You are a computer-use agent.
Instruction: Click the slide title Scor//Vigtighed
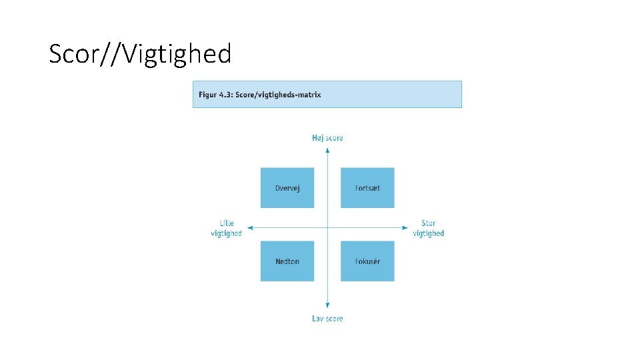(x=140, y=53)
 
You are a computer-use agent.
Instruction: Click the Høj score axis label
(x=327, y=138)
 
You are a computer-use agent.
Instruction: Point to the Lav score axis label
(x=327, y=319)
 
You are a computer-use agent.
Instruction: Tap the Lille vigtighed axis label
(x=226, y=228)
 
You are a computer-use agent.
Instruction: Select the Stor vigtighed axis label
(x=428, y=228)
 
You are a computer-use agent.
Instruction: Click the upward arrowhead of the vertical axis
(x=327, y=150)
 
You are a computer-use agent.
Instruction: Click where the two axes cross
(x=327, y=228)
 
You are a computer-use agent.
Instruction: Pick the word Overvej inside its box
(x=287, y=188)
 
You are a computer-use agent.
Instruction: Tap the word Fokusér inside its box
(x=367, y=261)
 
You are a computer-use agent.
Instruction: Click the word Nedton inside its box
(x=287, y=261)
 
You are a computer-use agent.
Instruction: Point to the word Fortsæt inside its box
(x=367, y=188)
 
